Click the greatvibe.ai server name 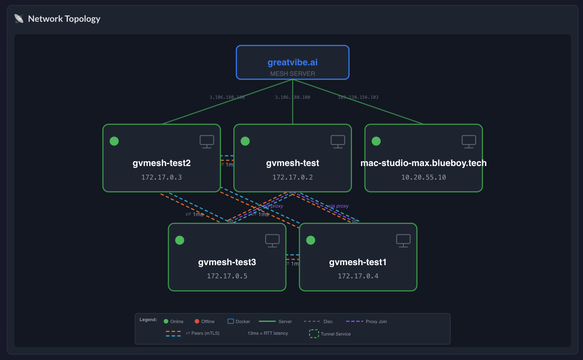292,62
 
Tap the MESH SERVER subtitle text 292,74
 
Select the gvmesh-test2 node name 161,163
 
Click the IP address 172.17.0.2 292,177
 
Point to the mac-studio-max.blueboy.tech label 424,163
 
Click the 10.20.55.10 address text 424,177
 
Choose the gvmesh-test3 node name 227,262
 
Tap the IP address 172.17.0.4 358,276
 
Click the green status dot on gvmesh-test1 311,240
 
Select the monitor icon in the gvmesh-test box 338,142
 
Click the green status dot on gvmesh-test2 114,141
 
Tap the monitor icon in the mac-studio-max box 469,142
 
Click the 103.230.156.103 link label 358,97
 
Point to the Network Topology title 64,19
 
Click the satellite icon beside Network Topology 19,19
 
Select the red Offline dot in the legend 197,321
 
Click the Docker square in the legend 231,321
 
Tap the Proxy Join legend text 376,322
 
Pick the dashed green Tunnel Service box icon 314,334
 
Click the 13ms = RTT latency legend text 268,333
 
